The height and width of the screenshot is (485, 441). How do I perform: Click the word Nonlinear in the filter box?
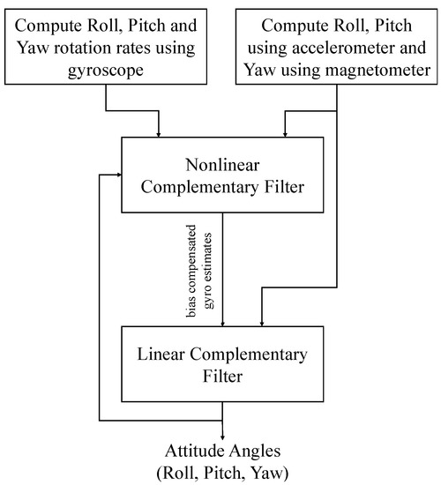point(222,165)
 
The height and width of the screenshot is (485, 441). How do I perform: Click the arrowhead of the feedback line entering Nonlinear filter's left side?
point(119,175)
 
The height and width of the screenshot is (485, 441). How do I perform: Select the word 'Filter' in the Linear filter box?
point(222,377)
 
